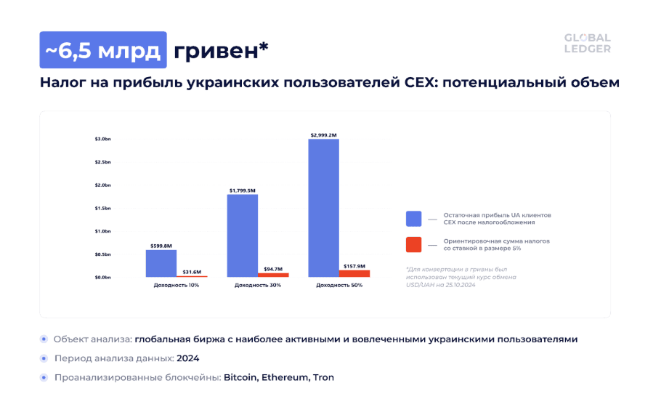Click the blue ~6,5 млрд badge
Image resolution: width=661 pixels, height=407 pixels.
(102, 50)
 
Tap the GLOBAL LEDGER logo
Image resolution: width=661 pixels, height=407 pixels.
(588, 44)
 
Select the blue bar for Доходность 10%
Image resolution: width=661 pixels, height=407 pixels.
(161, 263)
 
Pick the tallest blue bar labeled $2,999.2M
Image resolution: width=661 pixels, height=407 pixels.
(323, 208)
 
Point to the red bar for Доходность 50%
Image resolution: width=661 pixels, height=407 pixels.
(354, 273)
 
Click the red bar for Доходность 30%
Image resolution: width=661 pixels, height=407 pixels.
(273, 275)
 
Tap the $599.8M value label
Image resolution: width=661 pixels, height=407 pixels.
(161, 246)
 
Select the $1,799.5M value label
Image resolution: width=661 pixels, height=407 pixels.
(242, 190)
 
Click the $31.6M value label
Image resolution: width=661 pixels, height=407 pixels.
(192, 272)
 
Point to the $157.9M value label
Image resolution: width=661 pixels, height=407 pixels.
(354, 266)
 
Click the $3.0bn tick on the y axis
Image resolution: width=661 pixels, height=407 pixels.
(102, 139)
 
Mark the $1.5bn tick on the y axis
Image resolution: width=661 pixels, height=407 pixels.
(102, 208)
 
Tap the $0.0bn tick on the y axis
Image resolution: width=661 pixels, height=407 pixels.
(102, 277)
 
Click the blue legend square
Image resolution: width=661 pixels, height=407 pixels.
(414, 219)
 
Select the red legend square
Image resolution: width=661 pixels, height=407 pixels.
(414, 244)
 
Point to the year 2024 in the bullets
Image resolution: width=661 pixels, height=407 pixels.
(187, 358)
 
